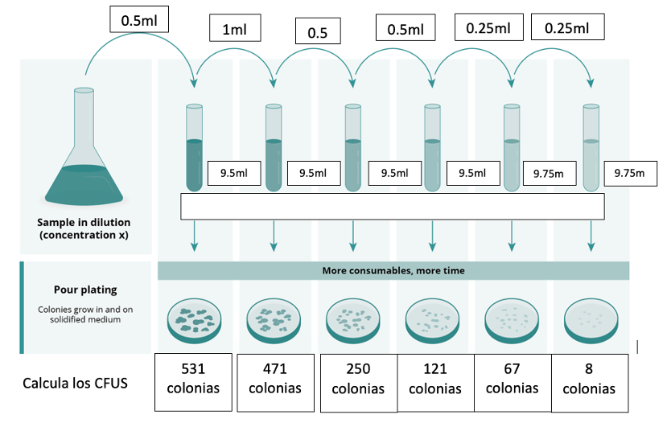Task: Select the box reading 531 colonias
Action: [193, 378]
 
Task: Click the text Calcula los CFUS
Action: [75, 383]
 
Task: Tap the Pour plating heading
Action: [84, 290]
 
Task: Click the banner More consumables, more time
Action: [393, 271]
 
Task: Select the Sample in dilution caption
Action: [84, 228]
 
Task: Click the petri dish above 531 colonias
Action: [196, 318]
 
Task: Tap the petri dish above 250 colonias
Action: [354, 318]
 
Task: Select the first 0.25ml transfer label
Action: [488, 28]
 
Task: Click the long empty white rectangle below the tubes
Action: [393, 207]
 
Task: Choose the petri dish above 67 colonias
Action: [513, 318]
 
